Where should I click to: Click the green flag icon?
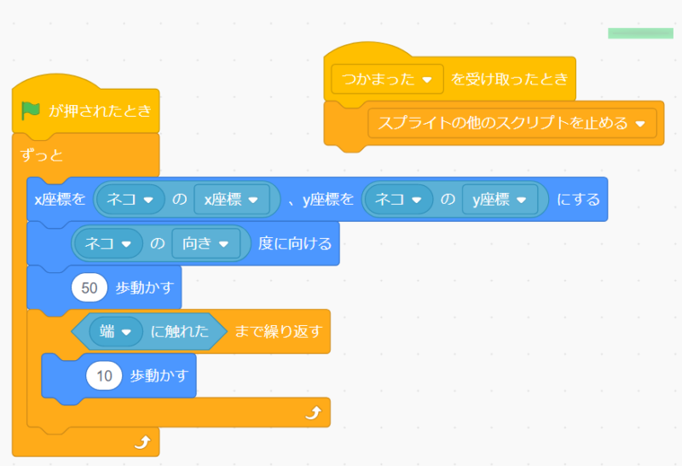tap(31, 111)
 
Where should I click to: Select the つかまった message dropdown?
tap(387, 79)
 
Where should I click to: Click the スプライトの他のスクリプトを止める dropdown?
tap(512, 123)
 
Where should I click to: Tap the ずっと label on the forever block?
tap(42, 155)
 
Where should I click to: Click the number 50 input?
tap(90, 288)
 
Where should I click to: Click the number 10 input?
tap(104, 376)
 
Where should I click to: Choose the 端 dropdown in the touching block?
tap(116, 331)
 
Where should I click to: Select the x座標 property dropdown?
tap(231, 200)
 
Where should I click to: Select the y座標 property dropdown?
tap(500, 200)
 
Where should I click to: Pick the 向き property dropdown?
tap(205, 243)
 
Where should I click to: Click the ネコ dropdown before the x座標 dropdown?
tap(130, 200)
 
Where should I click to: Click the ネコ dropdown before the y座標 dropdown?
tap(398, 200)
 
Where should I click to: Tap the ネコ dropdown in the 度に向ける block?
tap(108, 243)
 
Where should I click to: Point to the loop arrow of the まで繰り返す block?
tap(314, 412)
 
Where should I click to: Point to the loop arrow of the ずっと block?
tap(142, 442)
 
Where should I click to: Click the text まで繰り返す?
tap(279, 331)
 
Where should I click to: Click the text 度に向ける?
tap(295, 243)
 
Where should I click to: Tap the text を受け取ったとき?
tap(509, 79)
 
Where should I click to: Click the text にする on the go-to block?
tap(578, 200)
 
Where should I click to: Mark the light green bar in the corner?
tap(640, 33)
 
